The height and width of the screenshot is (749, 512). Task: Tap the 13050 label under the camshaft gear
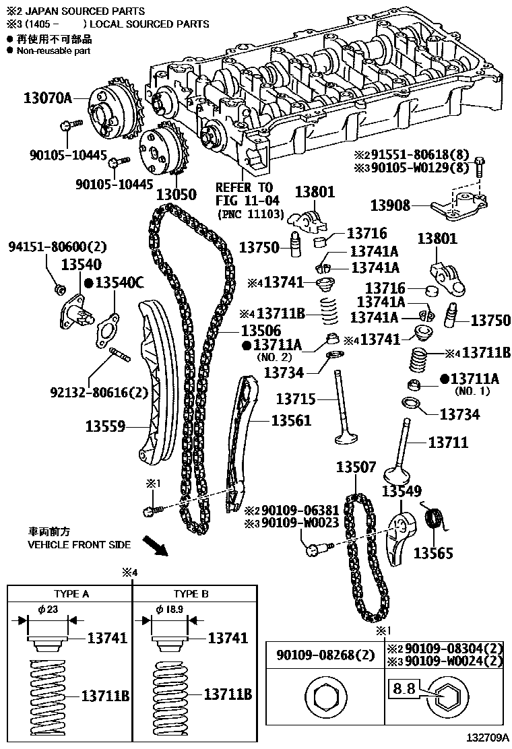(176, 195)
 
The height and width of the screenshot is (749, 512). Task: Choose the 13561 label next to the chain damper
(292, 420)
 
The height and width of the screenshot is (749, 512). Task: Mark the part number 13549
(402, 492)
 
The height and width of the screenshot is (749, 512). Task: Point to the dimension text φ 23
(49, 609)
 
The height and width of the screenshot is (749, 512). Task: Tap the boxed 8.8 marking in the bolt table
(404, 689)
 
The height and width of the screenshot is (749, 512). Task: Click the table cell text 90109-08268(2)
(324, 653)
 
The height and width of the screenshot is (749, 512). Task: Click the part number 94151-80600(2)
(57, 247)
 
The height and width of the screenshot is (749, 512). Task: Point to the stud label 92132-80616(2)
(98, 393)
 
